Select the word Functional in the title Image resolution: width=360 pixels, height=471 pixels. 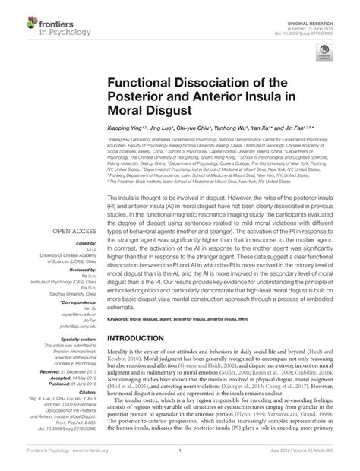click(x=143, y=82)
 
